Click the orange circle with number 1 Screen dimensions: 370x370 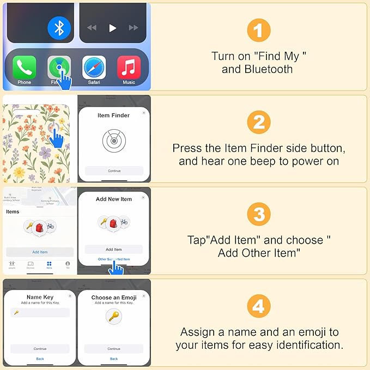[258, 31]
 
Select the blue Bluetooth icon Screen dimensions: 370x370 [59, 28]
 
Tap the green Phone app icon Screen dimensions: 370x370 [24, 68]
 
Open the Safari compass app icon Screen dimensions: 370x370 [94, 68]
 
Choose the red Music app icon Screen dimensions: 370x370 [129, 68]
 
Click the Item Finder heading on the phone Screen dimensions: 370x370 [114, 116]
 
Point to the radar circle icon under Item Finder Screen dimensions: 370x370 [114, 141]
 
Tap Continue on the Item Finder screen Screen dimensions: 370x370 [114, 171]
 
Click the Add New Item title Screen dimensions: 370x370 [114, 199]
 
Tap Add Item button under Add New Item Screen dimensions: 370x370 [114, 250]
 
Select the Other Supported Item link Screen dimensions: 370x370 [114, 259]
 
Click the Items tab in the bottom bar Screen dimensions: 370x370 [49, 265]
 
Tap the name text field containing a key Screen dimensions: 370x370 [40, 313]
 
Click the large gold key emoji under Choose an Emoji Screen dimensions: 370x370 [114, 317]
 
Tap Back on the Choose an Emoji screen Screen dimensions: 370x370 [114, 359]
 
